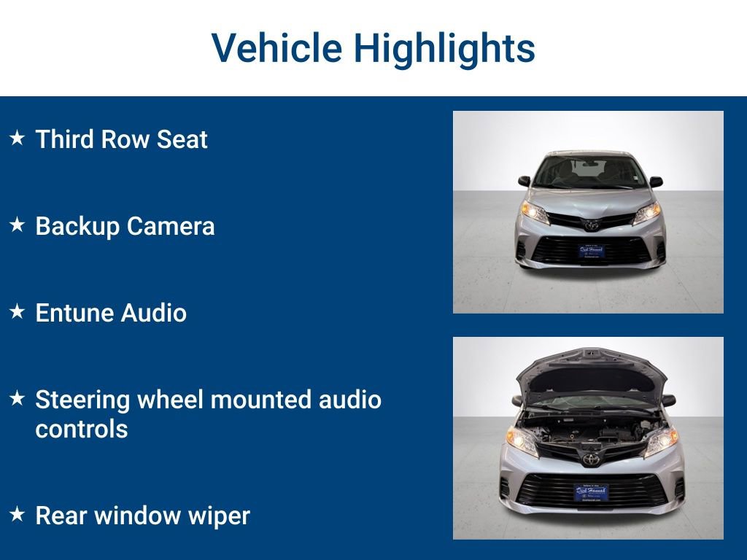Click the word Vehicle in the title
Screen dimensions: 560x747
(x=276, y=48)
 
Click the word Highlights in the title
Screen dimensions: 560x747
(x=444, y=48)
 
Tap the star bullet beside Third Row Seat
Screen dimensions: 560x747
(x=18, y=138)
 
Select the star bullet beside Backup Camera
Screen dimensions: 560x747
(x=18, y=225)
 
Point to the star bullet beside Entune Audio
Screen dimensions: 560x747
(x=18, y=312)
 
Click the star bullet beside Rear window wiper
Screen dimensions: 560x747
(x=18, y=515)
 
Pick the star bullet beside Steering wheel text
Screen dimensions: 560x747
(x=18, y=399)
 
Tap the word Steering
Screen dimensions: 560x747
(x=82, y=400)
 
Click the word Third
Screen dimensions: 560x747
(x=63, y=139)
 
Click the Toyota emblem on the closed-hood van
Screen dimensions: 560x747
(x=591, y=224)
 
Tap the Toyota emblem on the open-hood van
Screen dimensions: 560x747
(x=590, y=459)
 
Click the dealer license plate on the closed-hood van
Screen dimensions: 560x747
(x=592, y=252)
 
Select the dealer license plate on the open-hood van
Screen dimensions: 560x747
(x=591, y=491)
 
